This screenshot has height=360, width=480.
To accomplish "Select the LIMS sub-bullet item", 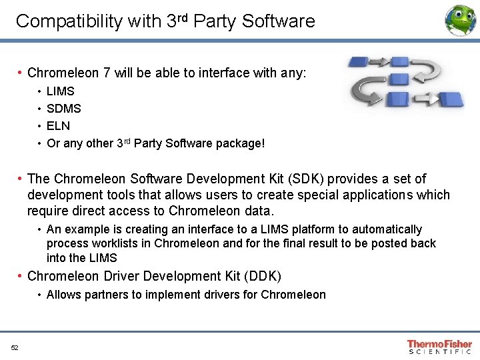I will [61, 91].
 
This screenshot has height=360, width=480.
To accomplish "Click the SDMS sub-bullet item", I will [64, 108].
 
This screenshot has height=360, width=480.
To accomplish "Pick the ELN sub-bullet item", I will [58, 125].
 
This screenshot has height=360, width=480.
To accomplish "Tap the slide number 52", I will [15, 347].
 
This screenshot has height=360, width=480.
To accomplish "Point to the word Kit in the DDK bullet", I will [217, 276].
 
